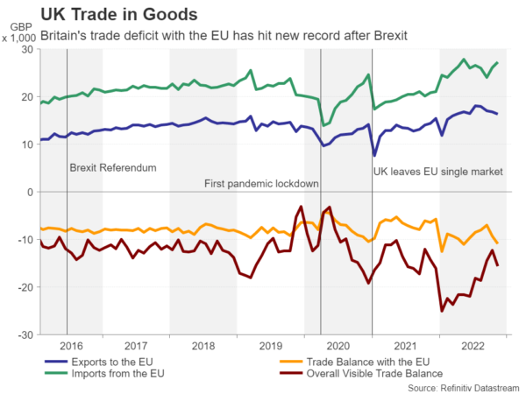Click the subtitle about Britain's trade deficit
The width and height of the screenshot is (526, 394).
tap(233, 35)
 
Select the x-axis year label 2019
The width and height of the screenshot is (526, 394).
tap(271, 346)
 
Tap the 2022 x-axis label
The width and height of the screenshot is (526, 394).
tap(472, 346)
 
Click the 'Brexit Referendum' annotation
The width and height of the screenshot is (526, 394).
tap(112, 167)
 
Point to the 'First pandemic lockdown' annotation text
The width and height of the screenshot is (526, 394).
tap(260, 184)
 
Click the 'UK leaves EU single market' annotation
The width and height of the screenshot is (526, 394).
tap(438, 172)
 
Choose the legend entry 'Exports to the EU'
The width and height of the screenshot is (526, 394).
tap(114, 361)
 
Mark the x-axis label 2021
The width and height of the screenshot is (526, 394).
tap(404, 346)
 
